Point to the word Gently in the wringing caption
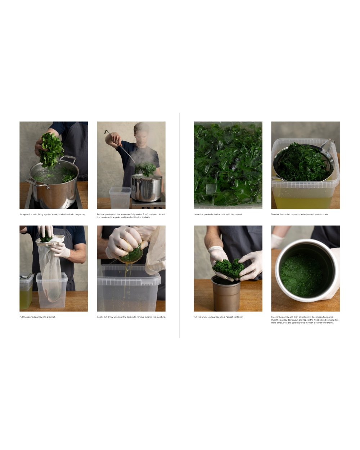(x=100, y=317)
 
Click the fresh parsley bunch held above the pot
(x=51, y=150)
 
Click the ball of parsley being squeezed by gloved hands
(x=131, y=254)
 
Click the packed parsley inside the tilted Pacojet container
(x=301, y=275)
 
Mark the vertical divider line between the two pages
(x=180, y=225)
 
